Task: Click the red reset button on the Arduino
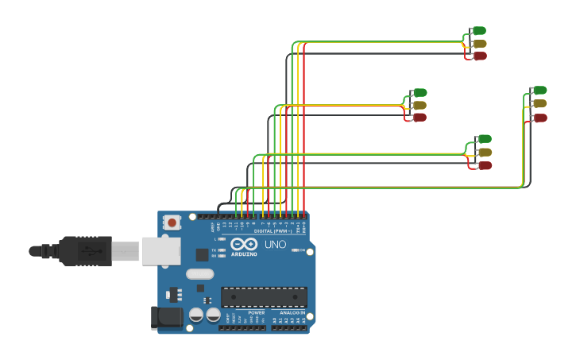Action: pos(172,223)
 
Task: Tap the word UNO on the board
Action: pos(275,244)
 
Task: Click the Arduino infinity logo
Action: pos(244,244)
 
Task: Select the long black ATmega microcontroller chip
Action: pos(264,297)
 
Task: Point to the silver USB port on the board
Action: pos(161,250)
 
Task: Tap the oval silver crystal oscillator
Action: pos(200,273)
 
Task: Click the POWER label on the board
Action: pos(256,312)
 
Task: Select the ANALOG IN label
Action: pos(292,312)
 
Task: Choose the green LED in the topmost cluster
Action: pos(479,31)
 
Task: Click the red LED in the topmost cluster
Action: pos(479,56)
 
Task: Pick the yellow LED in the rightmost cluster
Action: pos(539,103)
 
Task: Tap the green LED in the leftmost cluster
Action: pos(419,92)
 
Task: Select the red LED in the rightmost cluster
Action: pos(539,118)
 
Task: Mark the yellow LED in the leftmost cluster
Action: pos(419,105)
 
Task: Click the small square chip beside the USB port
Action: pos(202,255)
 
